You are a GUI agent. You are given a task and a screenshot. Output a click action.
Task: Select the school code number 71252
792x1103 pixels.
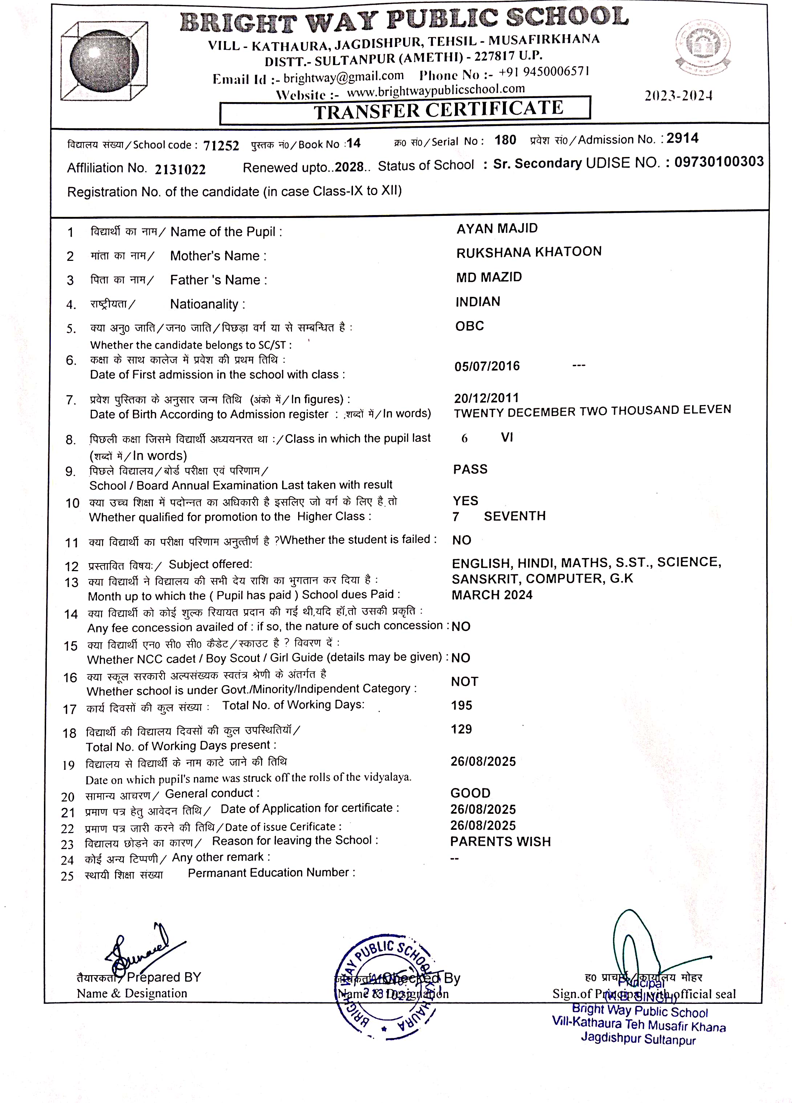[221, 145]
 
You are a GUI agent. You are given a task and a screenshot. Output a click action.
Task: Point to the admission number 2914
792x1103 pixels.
[682, 139]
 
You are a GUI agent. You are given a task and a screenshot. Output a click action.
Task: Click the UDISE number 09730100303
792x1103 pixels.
[719, 161]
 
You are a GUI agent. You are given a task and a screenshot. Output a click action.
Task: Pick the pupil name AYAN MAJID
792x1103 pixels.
[497, 229]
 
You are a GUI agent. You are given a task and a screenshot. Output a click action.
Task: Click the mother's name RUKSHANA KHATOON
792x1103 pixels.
[528, 252]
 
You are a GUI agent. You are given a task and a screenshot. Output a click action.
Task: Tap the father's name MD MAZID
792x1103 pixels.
[489, 277]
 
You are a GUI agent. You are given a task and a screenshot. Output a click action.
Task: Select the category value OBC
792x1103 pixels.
[469, 326]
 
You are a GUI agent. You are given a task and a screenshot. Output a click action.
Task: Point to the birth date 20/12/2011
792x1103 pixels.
[486, 398]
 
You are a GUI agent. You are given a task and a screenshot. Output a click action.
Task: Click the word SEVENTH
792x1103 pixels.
[515, 516]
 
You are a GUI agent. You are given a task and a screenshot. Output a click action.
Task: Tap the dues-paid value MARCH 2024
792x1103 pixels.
[492, 595]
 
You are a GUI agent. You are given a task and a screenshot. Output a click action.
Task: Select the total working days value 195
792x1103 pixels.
[462, 705]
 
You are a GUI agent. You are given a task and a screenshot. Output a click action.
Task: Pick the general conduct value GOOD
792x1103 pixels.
[470, 793]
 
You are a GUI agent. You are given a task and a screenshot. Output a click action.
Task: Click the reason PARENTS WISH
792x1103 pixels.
[500, 842]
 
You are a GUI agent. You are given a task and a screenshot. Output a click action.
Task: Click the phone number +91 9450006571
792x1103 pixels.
[544, 72]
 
